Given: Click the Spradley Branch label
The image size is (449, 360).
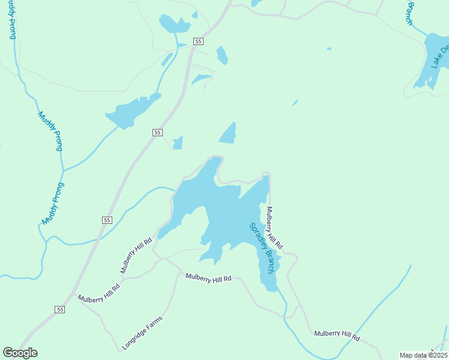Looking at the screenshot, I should click(262, 248).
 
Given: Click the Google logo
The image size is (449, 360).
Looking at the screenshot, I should click(20, 353).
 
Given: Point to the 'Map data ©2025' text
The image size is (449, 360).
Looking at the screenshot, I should click(423, 355).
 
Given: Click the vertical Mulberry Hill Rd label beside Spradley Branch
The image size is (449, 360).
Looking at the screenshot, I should click(274, 228).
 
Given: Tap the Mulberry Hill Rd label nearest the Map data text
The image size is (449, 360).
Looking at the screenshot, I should click(337, 335).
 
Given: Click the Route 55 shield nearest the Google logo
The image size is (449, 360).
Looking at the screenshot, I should click(59, 309).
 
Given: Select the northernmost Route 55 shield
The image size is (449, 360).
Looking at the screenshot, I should click(199, 41).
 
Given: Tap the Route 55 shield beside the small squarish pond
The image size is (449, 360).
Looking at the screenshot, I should click(157, 132).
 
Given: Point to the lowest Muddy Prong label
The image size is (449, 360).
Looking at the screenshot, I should click(53, 203).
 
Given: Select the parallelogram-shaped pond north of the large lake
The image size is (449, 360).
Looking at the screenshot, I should click(228, 133).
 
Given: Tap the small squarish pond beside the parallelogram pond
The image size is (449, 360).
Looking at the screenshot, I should click(178, 143).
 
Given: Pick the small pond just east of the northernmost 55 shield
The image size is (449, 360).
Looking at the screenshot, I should click(222, 55).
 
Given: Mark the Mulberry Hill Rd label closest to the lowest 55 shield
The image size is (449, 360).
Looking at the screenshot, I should click(98, 293).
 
